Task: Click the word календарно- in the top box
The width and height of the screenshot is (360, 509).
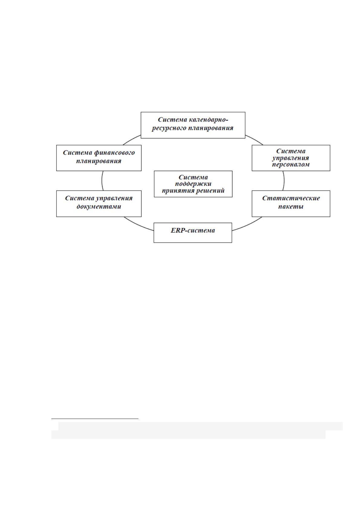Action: point(208,120)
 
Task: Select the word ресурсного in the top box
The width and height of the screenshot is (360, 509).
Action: point(169,128)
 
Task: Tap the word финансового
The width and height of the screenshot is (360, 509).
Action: point(115,153)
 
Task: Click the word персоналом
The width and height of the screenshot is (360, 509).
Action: point(291,164)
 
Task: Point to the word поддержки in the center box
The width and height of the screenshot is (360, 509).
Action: point(193,184)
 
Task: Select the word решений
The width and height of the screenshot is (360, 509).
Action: point(210,191)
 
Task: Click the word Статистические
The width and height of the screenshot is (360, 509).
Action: point(291,198)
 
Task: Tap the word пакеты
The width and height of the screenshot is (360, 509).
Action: point(291,207)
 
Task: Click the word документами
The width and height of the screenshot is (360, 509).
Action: point(99,207)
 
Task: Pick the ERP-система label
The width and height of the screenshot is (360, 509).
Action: point(193,230)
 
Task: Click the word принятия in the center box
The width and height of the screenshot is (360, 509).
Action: point(178,191)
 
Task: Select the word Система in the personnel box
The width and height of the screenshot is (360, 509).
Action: point(291,151)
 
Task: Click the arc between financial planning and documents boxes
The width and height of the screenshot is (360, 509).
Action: point(102,181)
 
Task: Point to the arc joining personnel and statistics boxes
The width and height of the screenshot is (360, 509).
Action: point(284,181)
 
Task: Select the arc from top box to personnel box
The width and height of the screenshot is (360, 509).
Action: point(255,139)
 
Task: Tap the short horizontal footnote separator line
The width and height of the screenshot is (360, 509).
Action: point(95,418)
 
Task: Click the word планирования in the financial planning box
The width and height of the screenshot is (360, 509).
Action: point(99,161)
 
